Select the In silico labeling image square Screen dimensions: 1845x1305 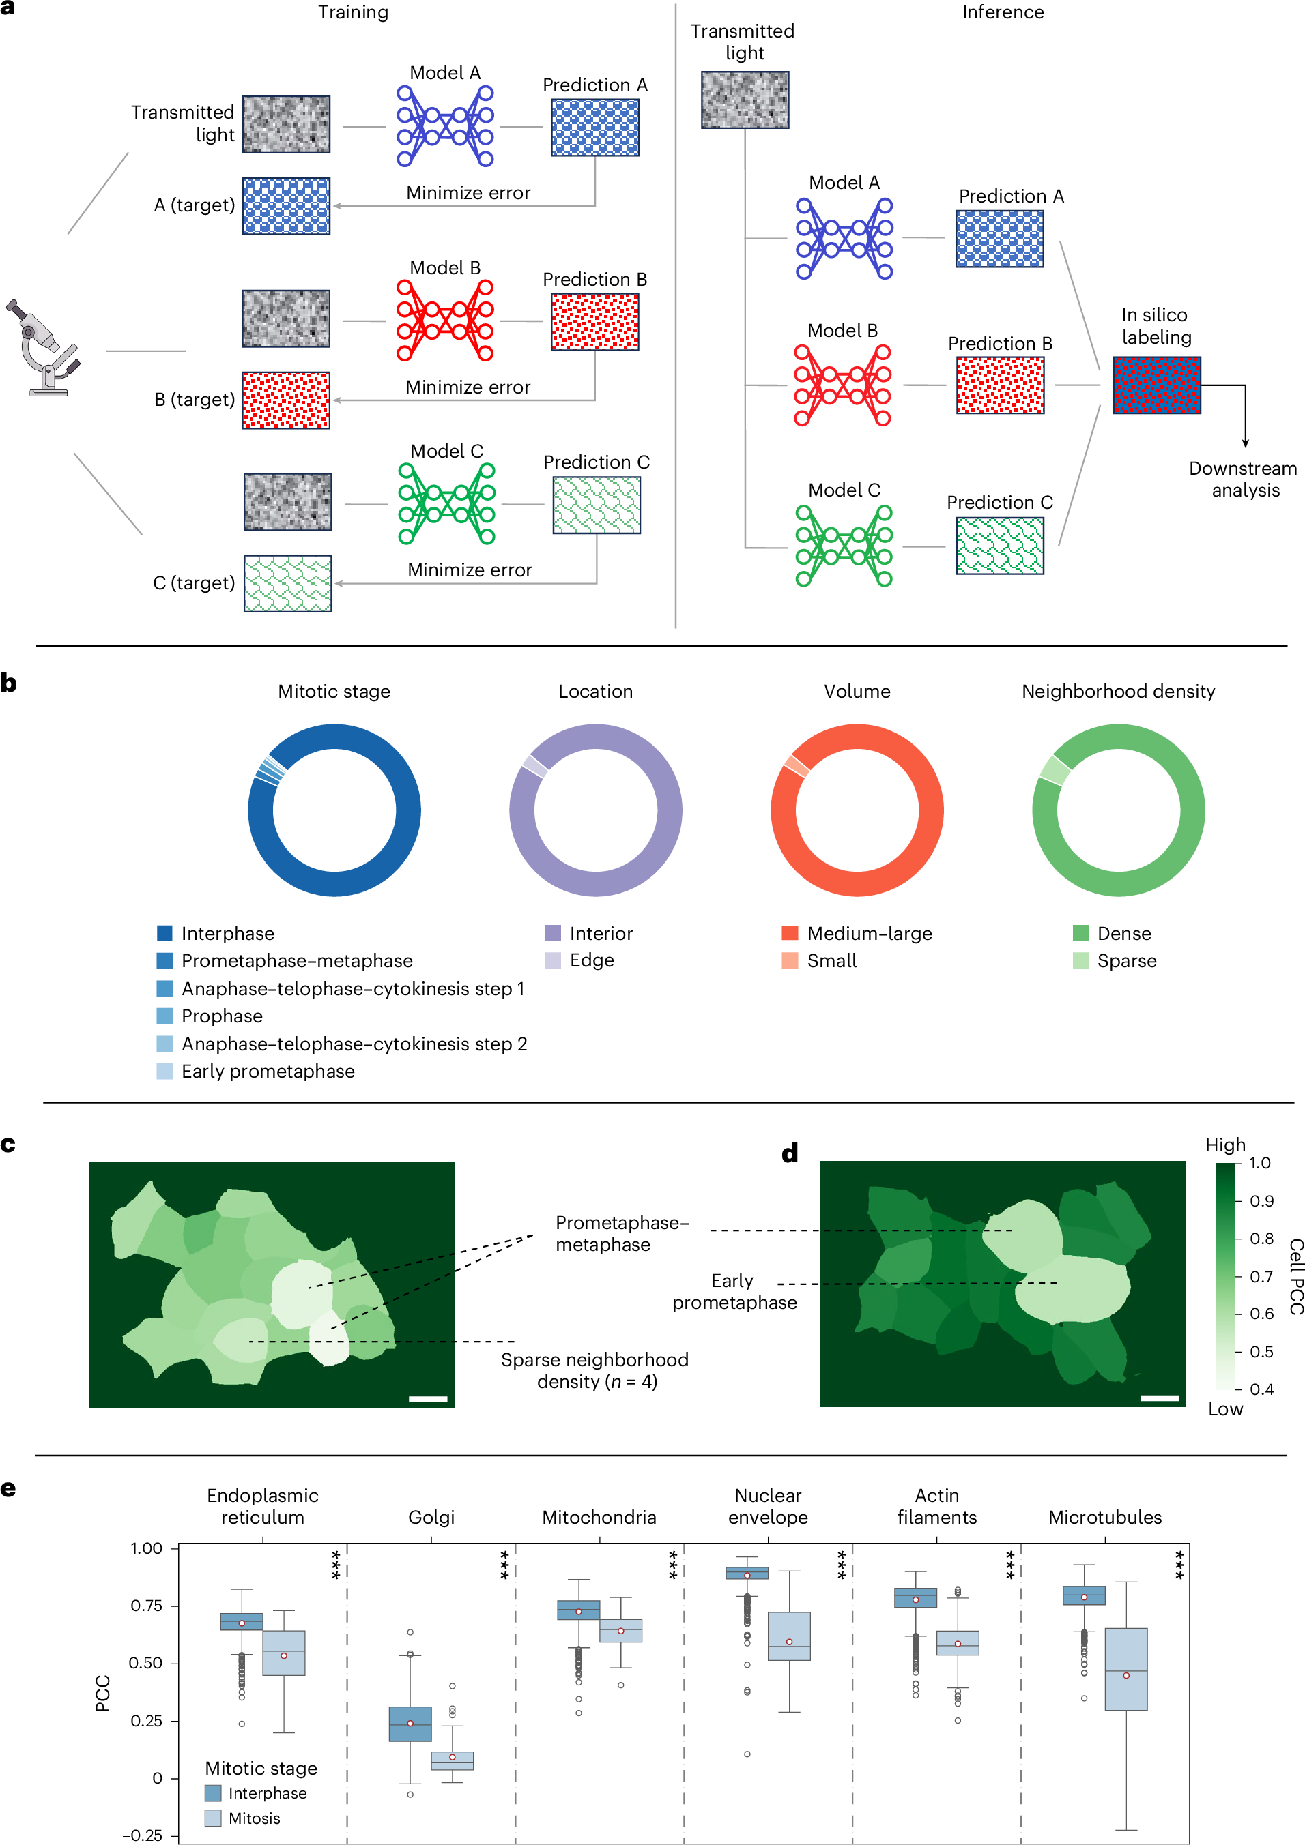coord(1156,385)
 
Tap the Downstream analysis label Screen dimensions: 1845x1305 coord(1243,479)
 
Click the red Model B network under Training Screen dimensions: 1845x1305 coord(444,321)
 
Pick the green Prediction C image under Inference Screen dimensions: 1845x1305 coord(999,546)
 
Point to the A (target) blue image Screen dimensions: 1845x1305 coord(286,206)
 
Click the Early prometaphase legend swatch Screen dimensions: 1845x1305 coord(165,1071)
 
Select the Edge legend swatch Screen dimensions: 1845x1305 coord(552,960)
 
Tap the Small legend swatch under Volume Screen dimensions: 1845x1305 coord(790,960)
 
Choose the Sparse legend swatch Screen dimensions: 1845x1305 coord(1080,960)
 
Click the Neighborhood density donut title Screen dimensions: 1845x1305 coord(1118,691)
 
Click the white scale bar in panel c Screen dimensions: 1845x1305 coord(428,1399)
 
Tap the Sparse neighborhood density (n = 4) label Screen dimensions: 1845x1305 coord(595,1370)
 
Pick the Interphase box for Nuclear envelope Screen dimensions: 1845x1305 coord(747,1573)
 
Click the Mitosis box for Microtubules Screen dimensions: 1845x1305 coord(1125,1669)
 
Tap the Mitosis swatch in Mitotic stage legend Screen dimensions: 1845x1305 coord(213,1818)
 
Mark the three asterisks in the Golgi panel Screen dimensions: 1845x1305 coord(504,1564)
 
